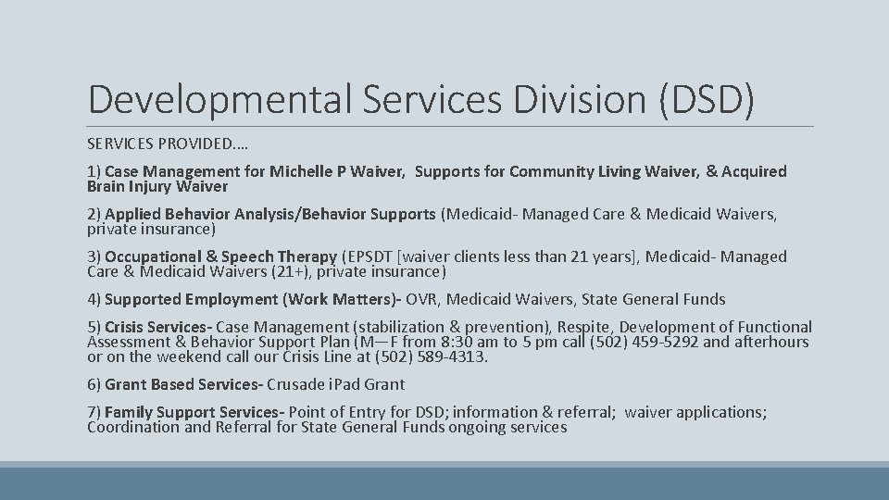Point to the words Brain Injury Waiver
(x=157, y=186)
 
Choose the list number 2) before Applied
(x=94, y=215)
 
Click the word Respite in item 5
(x=582, y=328)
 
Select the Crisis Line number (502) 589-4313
(x=435, y=357)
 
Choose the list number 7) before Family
(x=94, y=412)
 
